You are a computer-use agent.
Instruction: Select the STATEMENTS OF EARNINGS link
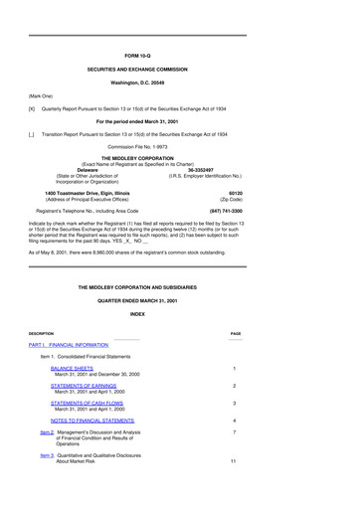pos(86,385)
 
